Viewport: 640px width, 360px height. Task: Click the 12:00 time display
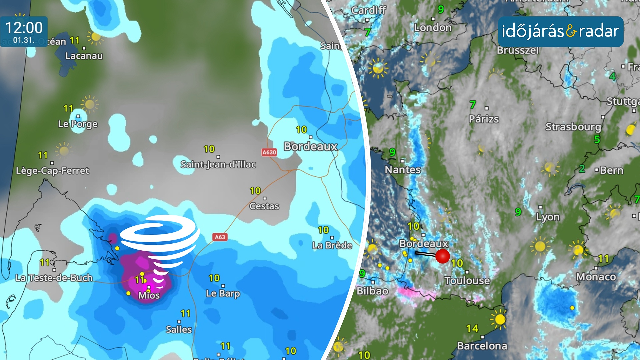point(24,28)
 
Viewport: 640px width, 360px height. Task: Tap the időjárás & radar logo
point(560,31)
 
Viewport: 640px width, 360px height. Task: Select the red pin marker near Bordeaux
point(442,256)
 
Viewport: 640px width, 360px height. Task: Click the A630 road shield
point(269,152)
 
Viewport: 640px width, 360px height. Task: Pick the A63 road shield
point(220,237)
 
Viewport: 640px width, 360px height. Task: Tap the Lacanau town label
point(84,56)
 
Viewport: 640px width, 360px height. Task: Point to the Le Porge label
point(78,124)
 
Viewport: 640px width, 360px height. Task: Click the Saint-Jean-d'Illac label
point(218,164)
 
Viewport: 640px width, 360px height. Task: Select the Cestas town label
point(264,206)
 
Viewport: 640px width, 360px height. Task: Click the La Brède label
point(332,245)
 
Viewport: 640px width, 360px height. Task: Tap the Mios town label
point(149,295)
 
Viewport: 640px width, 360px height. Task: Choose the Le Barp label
point(223,293)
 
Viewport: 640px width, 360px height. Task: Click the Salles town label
point(179,329)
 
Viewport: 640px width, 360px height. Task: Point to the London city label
point(433,27)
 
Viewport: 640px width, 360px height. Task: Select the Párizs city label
point(484,119)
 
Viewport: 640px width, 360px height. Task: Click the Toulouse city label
point(467,281)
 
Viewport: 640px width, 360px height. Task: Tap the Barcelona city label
point(482,346)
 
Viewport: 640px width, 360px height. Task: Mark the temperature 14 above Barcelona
point(472,329)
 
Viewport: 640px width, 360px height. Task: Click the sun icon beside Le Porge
point(89,104)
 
